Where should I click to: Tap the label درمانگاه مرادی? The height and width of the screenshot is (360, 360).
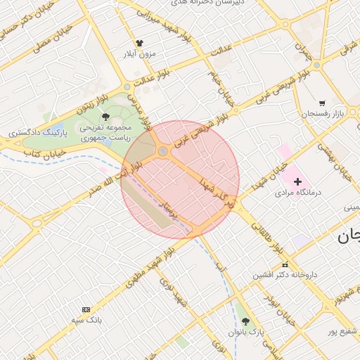297,192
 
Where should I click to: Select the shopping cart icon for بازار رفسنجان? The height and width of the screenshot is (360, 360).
322,103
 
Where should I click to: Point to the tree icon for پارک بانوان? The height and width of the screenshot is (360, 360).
245,321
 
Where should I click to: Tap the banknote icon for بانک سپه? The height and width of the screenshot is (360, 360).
86,309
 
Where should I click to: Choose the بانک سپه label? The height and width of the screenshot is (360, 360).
86,320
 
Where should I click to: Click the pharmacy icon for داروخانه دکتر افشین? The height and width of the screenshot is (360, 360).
285,264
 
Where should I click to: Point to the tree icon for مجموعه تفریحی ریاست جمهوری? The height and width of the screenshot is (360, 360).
106,117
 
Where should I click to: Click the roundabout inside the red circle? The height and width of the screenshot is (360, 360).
163,151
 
